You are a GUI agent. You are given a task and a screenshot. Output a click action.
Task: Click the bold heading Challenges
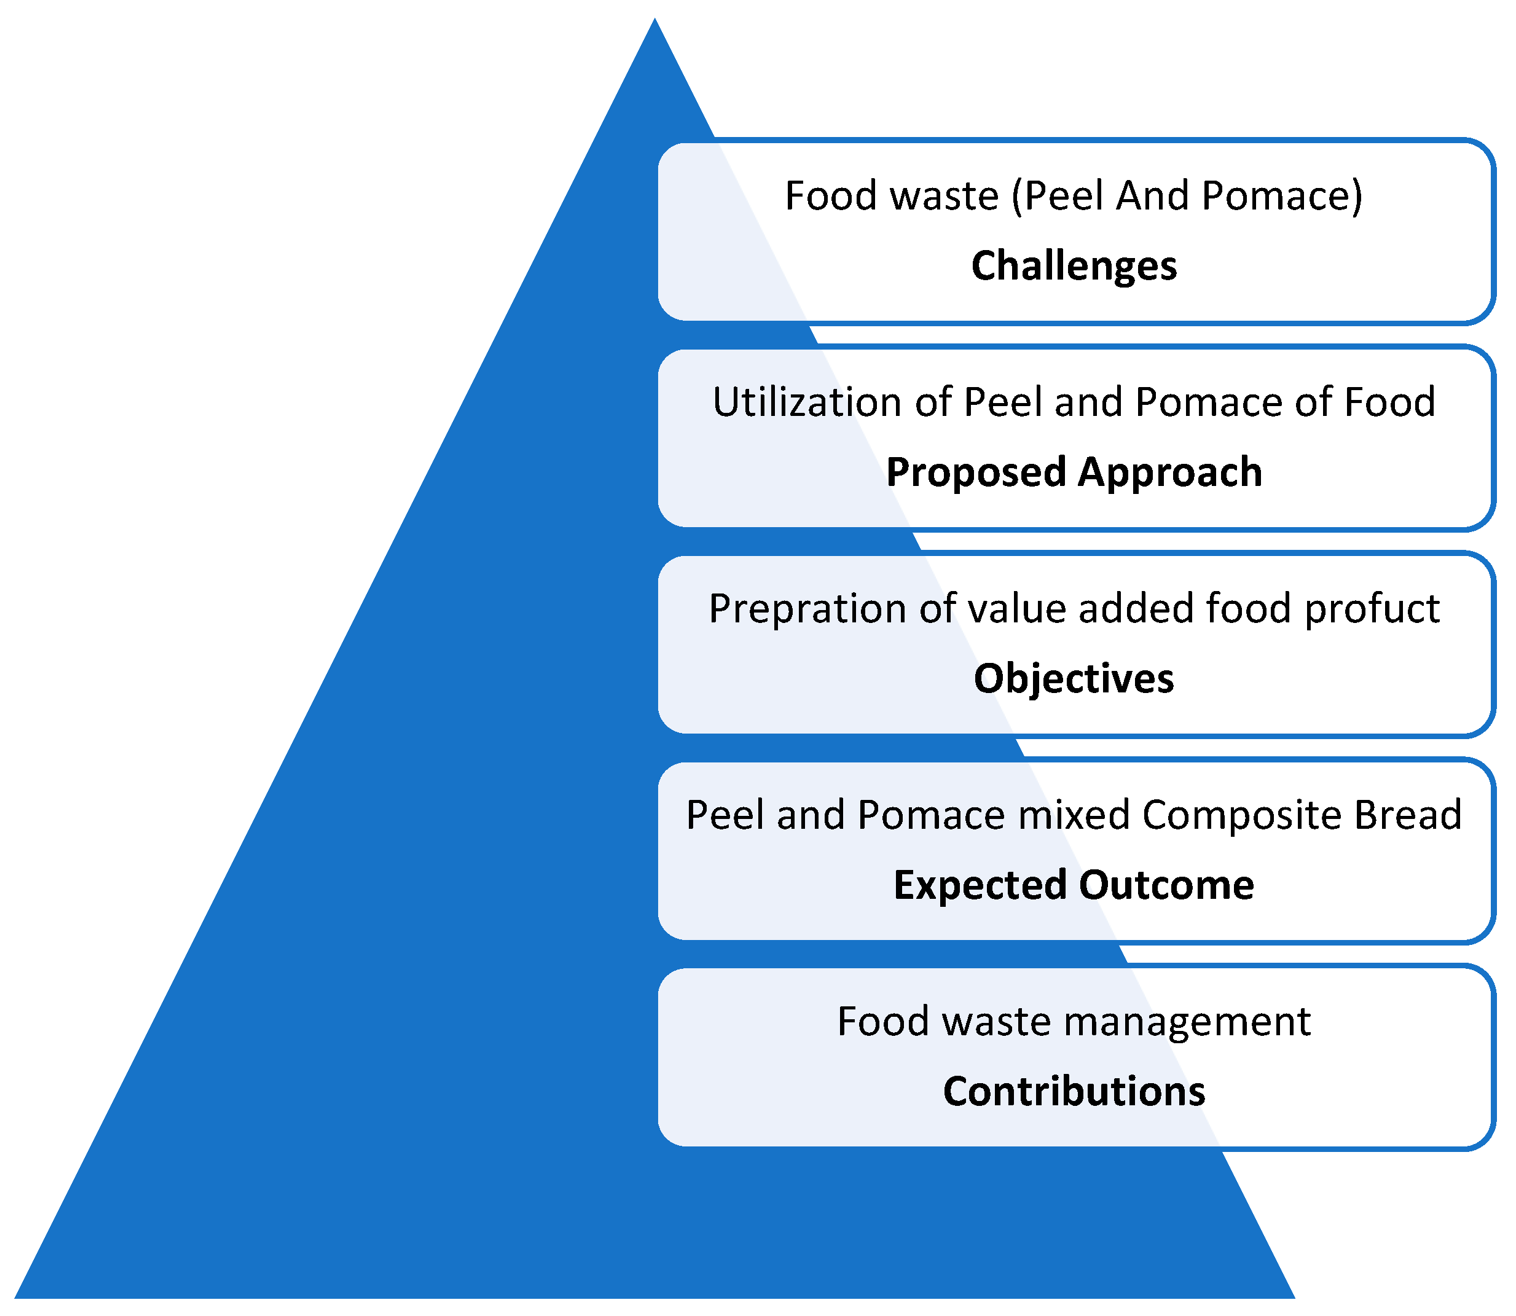point(1073,265)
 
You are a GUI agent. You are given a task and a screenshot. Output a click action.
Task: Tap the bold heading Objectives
point(1073,678)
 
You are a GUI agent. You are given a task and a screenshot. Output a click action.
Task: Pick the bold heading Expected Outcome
point(1073,884)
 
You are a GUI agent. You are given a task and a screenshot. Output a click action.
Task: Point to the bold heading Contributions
point(1073,1091)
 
